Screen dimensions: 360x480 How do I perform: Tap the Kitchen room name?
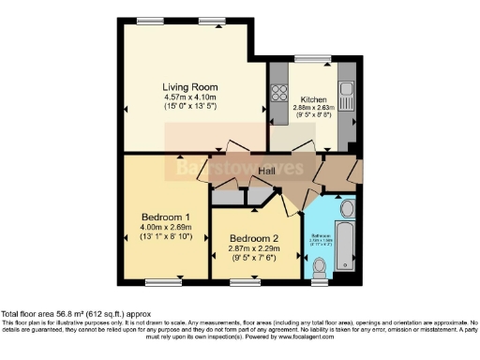pos(313,99)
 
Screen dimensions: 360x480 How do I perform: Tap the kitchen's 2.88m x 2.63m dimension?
pos(313,109)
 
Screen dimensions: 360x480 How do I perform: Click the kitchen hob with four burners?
pos(278,93)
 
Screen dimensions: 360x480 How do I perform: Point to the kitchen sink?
pos(347,95)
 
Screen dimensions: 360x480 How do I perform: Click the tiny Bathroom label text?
pos(321,237)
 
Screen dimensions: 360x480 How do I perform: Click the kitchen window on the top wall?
pos(313,62)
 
